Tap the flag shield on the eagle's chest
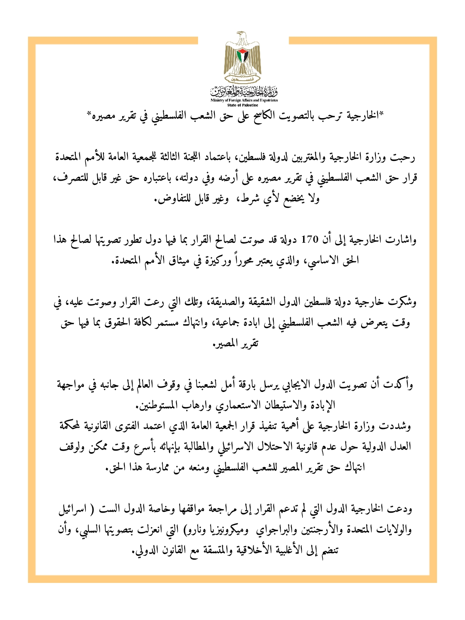[x=243, y=56]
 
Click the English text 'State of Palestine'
[x=243, y=105]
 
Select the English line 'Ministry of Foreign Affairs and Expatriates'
[x=244, y=100]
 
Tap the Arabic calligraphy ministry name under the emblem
[x=244, y=91]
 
